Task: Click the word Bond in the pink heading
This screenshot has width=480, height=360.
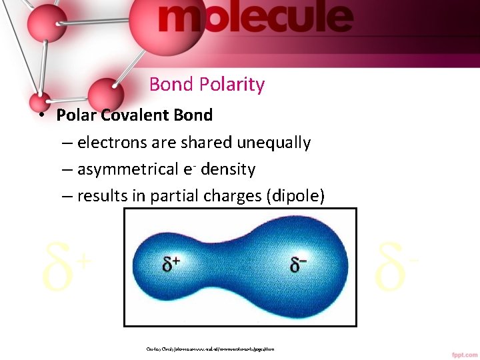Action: coord(171,85)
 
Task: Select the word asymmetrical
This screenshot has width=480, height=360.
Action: coord(128,170)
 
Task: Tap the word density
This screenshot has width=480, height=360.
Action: coord(228,170)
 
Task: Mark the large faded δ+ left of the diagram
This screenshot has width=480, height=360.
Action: coord(65,267)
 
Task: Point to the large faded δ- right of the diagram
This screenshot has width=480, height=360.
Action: coord(397,267)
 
